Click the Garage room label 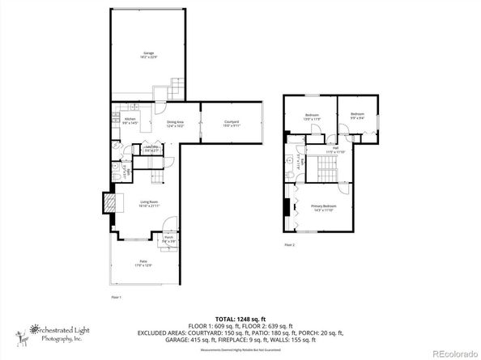pos(149,54)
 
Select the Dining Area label pos(177,124)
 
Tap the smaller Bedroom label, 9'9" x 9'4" pos(357,116)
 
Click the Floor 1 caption pos(116,298)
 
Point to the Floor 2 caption pos(289,244)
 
